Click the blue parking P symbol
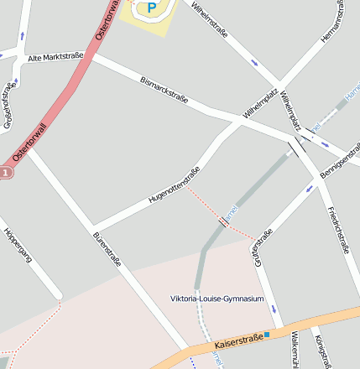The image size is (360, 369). (x=152, y=8)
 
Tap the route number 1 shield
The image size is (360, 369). (x=5, y=173)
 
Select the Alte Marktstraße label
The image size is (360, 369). (x=55, y=57)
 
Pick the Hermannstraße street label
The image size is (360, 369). (x=333, y=22)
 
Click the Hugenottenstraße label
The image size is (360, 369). (x=174, y=186)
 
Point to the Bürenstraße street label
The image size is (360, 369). (x=107, y=248)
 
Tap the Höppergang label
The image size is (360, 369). (x=17, y=245)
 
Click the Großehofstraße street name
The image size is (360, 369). (x=8, y=105)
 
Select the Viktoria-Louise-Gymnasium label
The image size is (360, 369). (x=217, y=299)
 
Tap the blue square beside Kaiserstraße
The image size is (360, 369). (x=267, y=335)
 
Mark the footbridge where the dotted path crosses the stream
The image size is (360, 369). (x=223, y=221)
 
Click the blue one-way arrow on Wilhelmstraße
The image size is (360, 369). (x=253, y=62)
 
